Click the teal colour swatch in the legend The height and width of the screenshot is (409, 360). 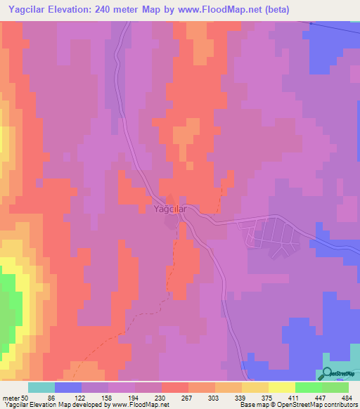(x=41, y=387)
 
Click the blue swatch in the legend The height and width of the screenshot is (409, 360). (x=68, y=387)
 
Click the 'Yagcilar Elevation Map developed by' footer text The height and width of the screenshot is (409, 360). (x=50, y=404)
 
